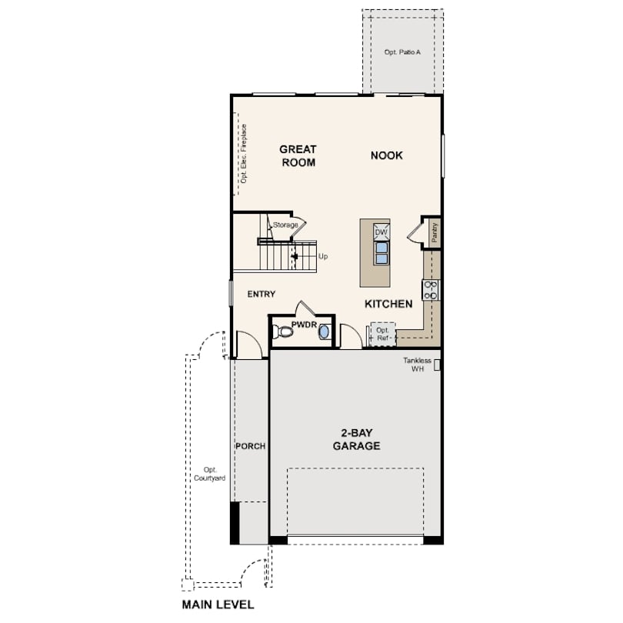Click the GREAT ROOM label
click(298, 155)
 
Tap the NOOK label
click(387, 155)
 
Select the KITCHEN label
click(388, 304)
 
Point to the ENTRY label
click(262, 294)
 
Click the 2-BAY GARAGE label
click(356, 439)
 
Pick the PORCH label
click(250, 446)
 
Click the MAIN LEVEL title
click(218, 605)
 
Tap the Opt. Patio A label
click(402, 52)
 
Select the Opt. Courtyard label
click(209, 474)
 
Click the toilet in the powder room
click(282, 331)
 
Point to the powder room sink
click(325, 332)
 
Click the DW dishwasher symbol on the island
click(381, 232)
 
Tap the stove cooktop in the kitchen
click(430, 290)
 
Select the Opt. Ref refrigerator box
click(382, 334)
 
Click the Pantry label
click(435, 232)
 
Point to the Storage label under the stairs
click(285, 225)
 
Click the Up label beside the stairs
click(323, 257)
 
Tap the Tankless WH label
click(417, 365)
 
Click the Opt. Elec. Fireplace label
click(244, 154)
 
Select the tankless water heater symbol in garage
click(437, 365)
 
